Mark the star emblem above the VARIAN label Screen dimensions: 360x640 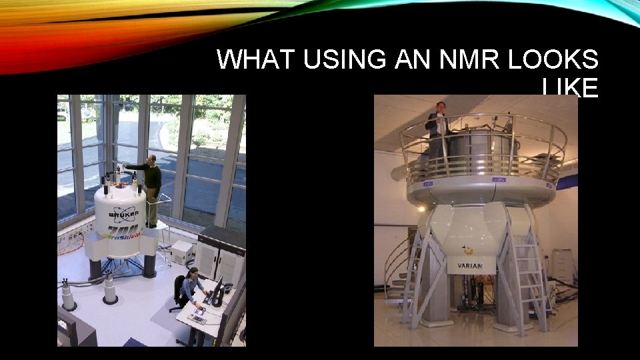pyautogui.click(x=469, y=251)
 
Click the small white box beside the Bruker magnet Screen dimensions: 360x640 pyautogui.click(x=180, y=252)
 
